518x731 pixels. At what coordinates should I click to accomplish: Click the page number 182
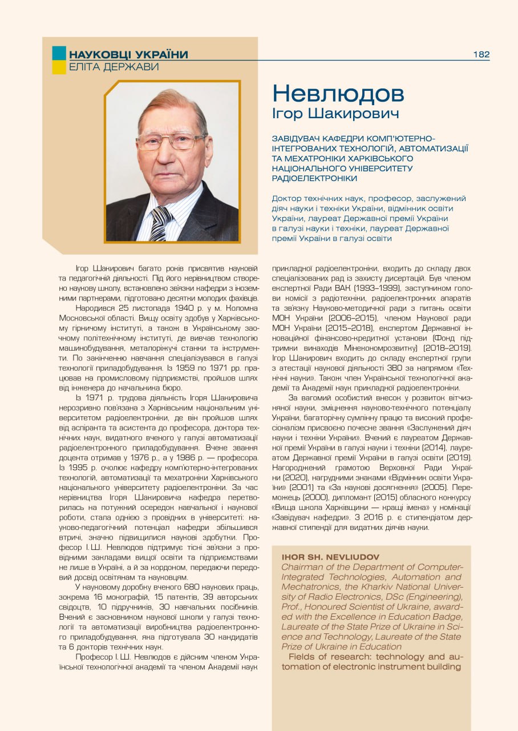point(481,54)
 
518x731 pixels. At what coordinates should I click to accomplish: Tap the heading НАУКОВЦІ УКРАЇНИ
point(128,55)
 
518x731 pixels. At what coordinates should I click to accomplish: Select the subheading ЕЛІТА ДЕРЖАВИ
point(114,67)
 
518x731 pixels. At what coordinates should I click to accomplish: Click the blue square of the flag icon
point(59,53)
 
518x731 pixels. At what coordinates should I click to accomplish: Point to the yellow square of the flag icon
point(59,67)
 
